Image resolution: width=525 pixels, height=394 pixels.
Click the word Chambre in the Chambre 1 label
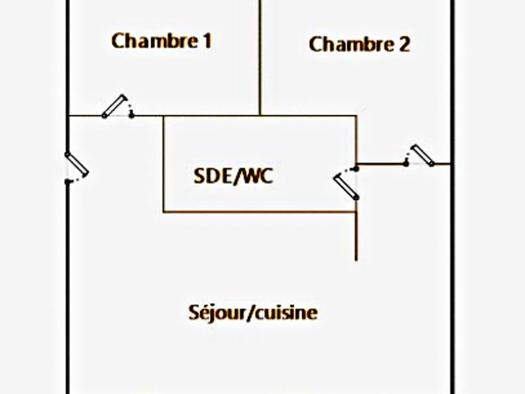151,40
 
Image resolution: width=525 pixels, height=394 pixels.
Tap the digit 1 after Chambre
207,40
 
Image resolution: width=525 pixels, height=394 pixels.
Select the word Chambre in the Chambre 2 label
348,44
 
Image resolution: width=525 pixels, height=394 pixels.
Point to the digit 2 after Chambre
404,44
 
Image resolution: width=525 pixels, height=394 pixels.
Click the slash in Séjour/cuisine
250,313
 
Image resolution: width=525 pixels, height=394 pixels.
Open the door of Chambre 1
118,106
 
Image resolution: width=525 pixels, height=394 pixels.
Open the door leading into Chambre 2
422,155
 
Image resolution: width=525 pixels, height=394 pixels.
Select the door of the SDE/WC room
346,184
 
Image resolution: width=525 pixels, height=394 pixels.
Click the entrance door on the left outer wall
76,166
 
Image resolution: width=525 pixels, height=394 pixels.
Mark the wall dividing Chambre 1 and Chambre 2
260,57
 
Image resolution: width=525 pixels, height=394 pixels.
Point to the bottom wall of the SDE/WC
259,213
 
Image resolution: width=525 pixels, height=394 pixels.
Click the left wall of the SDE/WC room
164,164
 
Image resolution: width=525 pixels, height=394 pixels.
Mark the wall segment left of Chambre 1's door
85,116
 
